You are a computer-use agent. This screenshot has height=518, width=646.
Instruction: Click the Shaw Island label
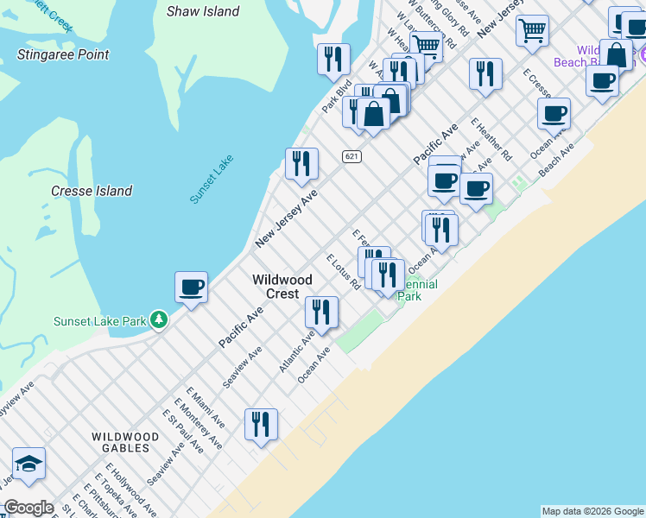[203, 11]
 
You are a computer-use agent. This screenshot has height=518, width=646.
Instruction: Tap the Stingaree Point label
[63, 54]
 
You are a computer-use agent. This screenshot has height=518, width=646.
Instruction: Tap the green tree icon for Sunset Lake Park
[158, 320]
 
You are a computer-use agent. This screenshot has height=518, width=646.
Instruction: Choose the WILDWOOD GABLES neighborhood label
[126, 444]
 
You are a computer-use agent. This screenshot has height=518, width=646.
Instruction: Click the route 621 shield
[351, 156]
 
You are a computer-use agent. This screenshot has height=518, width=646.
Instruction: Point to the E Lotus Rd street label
[343, 272]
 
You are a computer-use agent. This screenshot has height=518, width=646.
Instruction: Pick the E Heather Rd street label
[491, 139]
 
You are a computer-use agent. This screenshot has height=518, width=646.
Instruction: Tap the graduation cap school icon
[28, 464]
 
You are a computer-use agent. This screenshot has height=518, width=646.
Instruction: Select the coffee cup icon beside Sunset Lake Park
[191, 287]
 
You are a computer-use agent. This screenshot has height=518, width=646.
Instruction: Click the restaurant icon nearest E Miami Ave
[261, 425]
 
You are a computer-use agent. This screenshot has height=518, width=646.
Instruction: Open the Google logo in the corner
[28, 508]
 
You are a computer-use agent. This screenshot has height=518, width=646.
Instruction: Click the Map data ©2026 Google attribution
[592, 511]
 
